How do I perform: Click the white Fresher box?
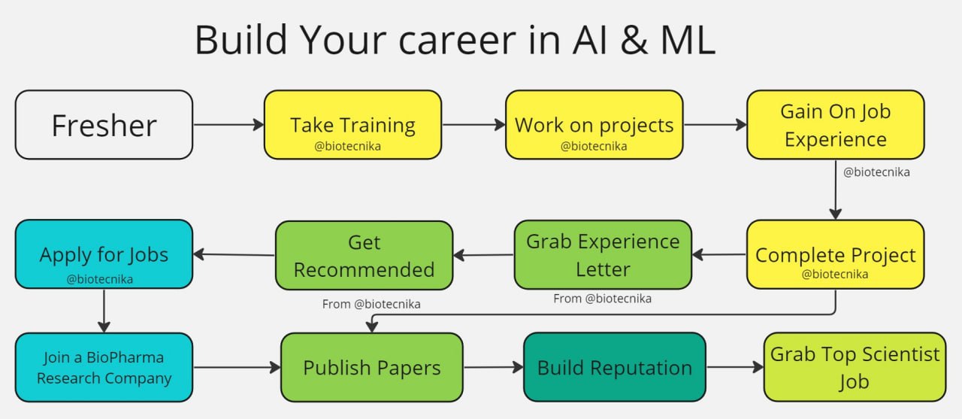pos(104,125)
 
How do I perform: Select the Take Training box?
pos(352,125)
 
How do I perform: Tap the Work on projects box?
pos(594,125)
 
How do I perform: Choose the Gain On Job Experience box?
pos(835,125)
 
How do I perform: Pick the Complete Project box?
pos(835,254)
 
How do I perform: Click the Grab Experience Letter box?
pos(603,254)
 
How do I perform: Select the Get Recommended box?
pos(364,255)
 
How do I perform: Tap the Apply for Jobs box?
pos(104,254)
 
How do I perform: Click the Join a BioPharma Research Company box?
pos(104,367)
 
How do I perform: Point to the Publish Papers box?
pos(372,367)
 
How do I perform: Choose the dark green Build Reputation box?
pos(615,367)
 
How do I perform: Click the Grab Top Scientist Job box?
pos(855,367)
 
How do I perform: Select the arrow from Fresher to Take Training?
pos(228,125)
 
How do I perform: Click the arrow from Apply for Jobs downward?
pos(104,311)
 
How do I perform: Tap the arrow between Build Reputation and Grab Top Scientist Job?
pos(735,367)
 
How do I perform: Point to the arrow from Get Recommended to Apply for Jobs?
pos(234,254)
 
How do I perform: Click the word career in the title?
pos(458,40)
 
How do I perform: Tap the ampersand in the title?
pos(634,40)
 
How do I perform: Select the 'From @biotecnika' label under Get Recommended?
pos(371,304)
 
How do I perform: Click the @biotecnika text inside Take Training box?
pos(347,146)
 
